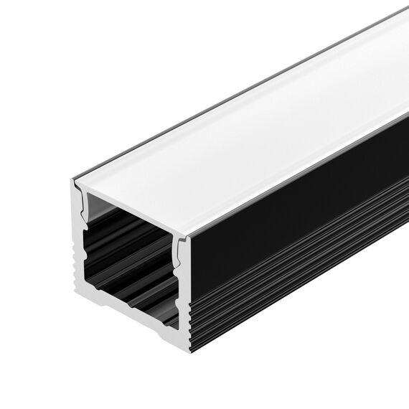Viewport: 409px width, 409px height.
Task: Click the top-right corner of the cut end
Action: [188, 238]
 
